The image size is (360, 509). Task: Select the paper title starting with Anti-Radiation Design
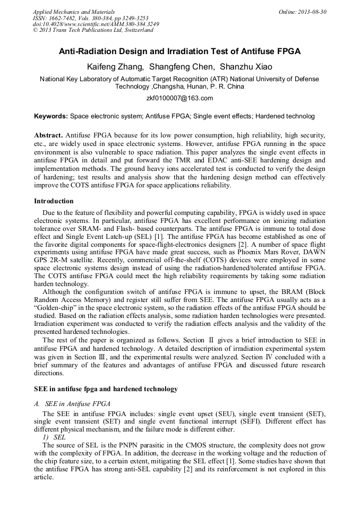[179, 51]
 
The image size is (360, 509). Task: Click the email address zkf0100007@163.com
[179, 98]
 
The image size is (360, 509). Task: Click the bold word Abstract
[49, 135]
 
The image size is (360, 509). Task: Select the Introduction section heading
[54, 201]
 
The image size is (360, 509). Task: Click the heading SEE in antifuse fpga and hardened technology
[106, 389]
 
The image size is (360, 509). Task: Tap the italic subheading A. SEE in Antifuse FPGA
[72, 404]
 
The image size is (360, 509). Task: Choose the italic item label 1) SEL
[54, 436]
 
